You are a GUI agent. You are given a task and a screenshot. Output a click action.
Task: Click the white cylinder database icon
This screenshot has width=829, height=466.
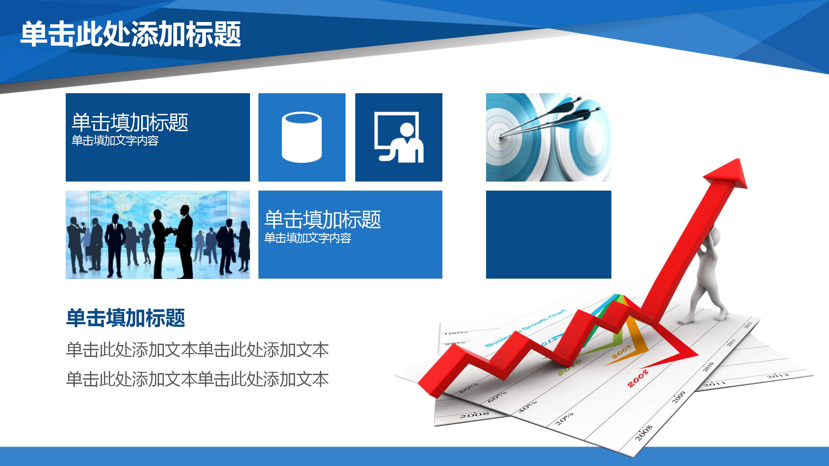(302, 137)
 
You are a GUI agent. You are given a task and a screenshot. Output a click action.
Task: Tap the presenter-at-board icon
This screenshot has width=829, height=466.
(399, 137)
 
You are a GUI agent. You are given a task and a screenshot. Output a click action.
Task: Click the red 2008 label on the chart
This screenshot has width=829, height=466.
(638, 378)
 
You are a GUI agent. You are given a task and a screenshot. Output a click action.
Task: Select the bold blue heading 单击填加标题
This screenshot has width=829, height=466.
(126, 318)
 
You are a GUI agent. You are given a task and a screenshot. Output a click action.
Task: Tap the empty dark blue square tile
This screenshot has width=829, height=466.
(549, 235)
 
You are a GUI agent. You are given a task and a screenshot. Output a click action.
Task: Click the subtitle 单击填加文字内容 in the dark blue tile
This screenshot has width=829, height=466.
(115, 141)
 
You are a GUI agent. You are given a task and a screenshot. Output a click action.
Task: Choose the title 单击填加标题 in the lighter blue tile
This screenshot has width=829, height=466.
(323, 219)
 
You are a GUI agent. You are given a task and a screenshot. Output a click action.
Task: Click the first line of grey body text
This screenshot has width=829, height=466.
(198, 350)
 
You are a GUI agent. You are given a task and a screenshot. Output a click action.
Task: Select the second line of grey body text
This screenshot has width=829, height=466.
(198, 379)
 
